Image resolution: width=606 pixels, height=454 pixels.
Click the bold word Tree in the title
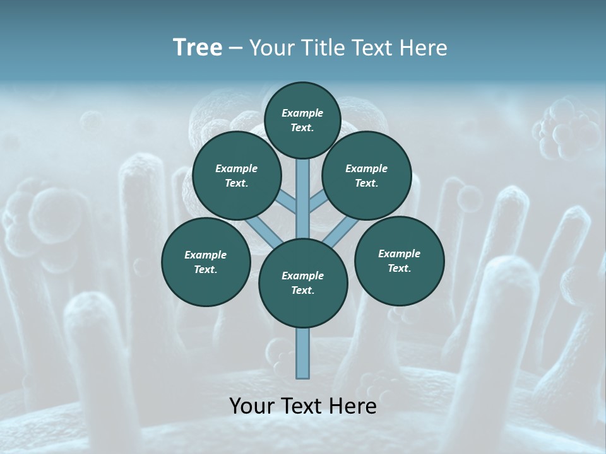198,48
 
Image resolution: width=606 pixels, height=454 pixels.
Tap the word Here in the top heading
424,48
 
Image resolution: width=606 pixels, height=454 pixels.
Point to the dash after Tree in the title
236,49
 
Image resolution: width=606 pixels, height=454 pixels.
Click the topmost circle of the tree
302,120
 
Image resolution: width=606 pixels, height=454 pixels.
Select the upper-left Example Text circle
237,176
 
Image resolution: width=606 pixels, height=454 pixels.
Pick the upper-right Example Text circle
367,175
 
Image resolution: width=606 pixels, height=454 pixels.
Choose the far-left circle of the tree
206,262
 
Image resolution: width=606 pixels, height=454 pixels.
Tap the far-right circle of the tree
399,260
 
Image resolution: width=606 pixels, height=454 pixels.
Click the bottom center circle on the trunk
303,283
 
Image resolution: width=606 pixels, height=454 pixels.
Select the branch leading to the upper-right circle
318,201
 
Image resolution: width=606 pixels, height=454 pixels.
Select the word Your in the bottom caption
252,406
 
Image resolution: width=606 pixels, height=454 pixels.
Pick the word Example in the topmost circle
302,113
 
